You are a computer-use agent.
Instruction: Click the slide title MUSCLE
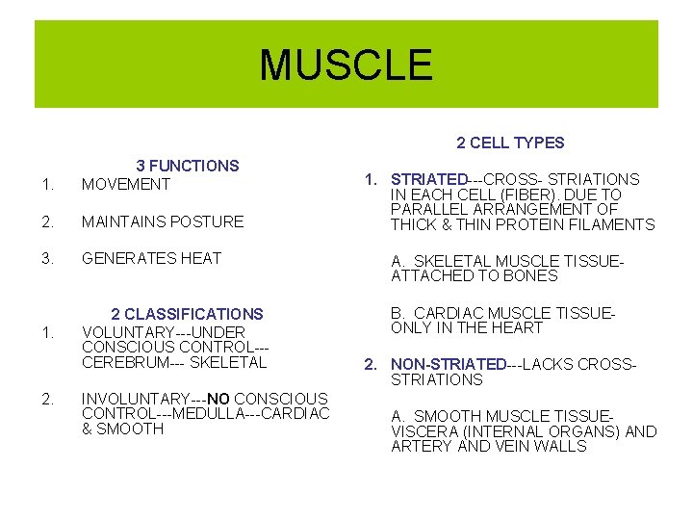pos(346,65)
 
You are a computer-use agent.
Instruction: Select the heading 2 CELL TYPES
pos(510,143)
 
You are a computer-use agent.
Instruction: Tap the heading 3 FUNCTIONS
pos(187,166)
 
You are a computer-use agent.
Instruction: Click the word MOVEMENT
pos(126,183)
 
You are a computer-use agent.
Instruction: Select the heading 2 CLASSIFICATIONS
pos(187,314)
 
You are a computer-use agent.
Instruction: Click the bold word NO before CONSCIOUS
pos(218,399)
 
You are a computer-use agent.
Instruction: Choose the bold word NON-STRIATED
pos(449,364)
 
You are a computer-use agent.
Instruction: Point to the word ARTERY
pos(420,447)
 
